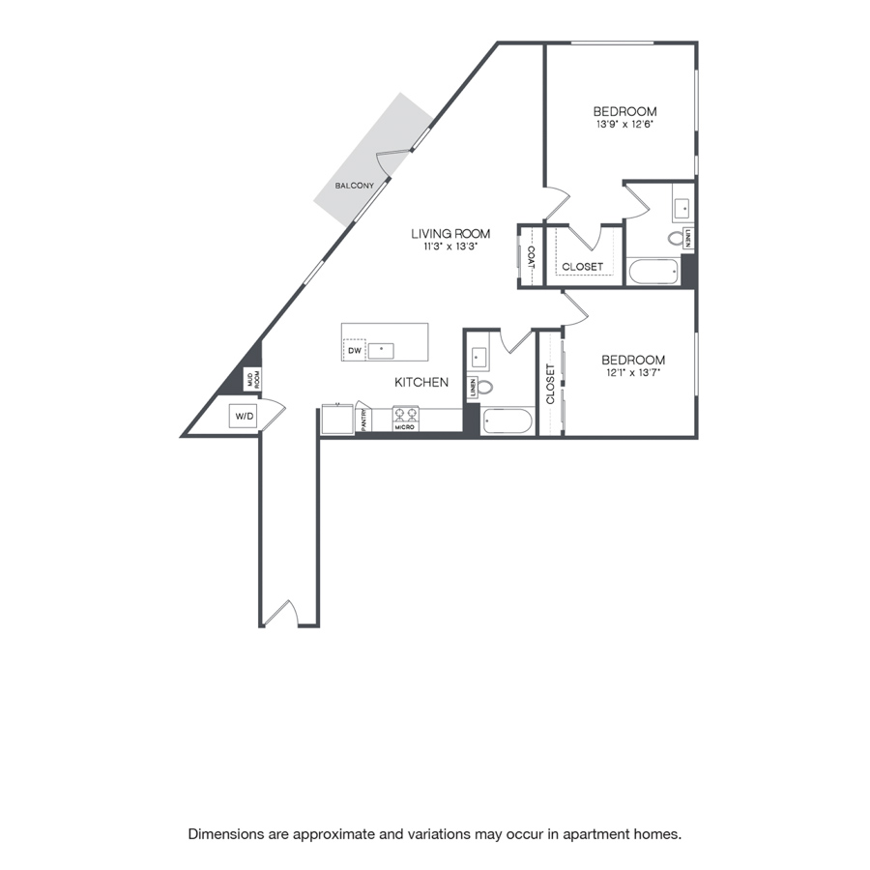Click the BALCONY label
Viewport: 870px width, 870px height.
click(x=354, y=186)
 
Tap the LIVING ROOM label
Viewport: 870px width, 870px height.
click(x=450, y=234)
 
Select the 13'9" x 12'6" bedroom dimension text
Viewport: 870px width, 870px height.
click(x=624, y=125)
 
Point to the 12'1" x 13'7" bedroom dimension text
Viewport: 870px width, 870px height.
click(x=633, y=373)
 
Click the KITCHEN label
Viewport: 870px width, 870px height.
click(x=421, y=382)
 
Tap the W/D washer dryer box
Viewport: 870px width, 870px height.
click(x=244, y=416)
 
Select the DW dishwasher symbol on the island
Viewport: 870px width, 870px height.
click(x=355, y=350)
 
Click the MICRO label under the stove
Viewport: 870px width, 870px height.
click(x=404, y=427)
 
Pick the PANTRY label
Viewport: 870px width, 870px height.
click(x=364, y=420)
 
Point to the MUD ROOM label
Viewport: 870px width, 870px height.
click(x=252, y=379)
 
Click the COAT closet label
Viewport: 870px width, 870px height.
click(x=531, y=257)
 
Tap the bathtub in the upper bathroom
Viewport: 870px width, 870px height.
click(x=653, y=272)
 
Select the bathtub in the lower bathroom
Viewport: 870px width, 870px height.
click(x=507, y=421)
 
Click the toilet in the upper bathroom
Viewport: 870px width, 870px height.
click(x=677, y=239)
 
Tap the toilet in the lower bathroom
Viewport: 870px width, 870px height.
click(x=483, y=387)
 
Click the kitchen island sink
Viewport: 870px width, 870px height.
click(x=381, y=351)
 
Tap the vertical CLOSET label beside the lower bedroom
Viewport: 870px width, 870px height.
click(x=550, y=384)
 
